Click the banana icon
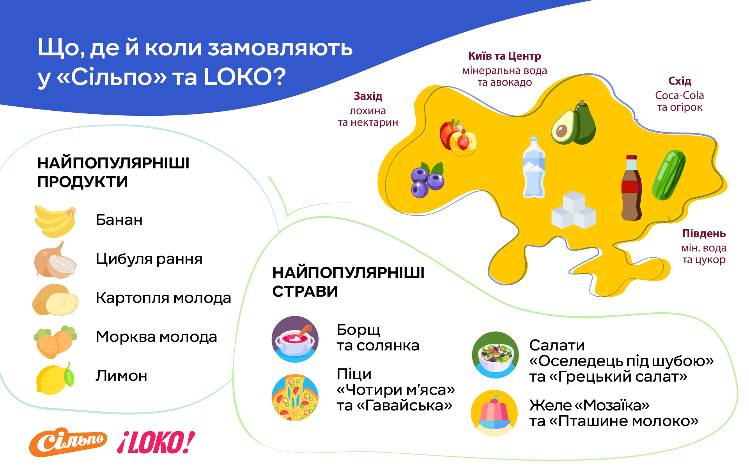click(55, 221)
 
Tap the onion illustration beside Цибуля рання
click(55, 260)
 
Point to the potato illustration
click(55, 300)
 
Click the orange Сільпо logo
click(68, 442)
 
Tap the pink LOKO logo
click(156, 442)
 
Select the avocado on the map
click(573, 122)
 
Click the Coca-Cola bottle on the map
click(631, 187)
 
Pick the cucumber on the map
click(669, 175)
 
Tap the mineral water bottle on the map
click(534, 168)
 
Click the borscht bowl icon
click(295, 339)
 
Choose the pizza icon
click(295, 398)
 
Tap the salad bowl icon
click(495, 355)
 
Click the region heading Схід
click(680, 81)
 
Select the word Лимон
click(121, 376)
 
